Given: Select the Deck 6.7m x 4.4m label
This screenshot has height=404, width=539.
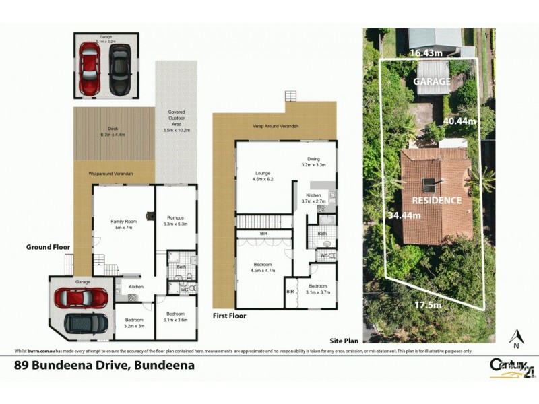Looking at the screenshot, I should [x=113, y=132].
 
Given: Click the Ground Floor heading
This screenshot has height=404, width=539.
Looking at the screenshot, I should [x=49, y=247].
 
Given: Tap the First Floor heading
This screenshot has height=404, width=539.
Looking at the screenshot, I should [x=229, y=315].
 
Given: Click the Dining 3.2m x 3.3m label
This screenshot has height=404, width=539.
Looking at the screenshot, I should [x=313, y=161].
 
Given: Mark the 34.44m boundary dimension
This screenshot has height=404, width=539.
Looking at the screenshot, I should [x=404, y=216].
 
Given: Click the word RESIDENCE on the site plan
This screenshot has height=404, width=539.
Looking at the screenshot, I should [x=437, y=200].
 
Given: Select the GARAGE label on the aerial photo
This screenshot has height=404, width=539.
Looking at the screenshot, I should [x=432, y=81].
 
